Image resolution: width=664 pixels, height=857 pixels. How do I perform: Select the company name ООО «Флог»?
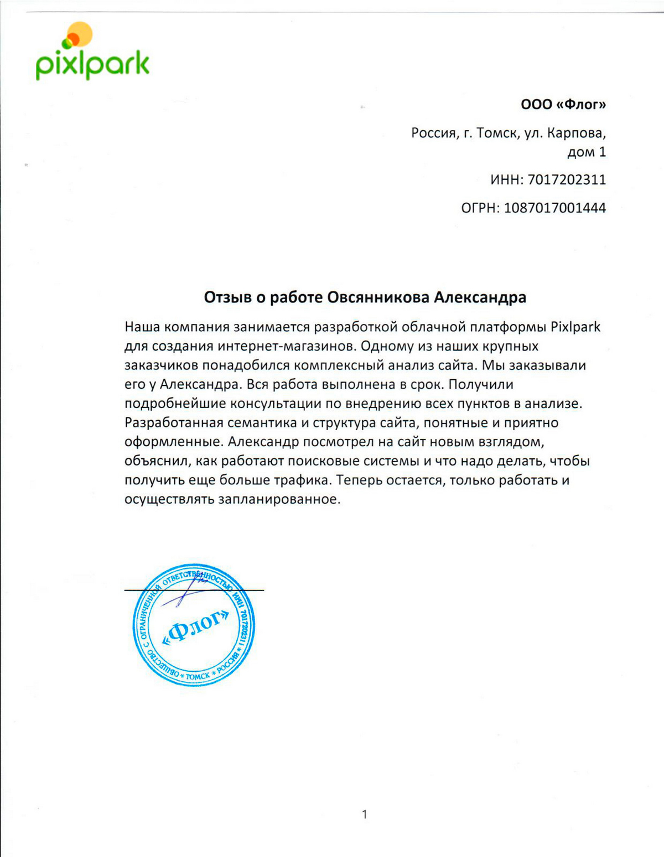[x=563, y=104]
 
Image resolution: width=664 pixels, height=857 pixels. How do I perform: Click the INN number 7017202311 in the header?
[x=567, y=179]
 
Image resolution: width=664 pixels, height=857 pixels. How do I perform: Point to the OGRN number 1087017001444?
[x=555, y=208]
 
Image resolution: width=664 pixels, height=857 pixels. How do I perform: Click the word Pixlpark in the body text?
[x=575, y=327]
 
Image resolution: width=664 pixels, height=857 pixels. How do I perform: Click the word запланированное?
[x=279, y=499]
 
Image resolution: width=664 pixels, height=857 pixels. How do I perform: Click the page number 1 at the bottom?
[x=364, y=814]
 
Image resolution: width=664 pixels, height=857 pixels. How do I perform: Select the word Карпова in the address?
[x=576, y=133]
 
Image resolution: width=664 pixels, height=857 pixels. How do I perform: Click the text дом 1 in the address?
[x=587, y=151]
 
